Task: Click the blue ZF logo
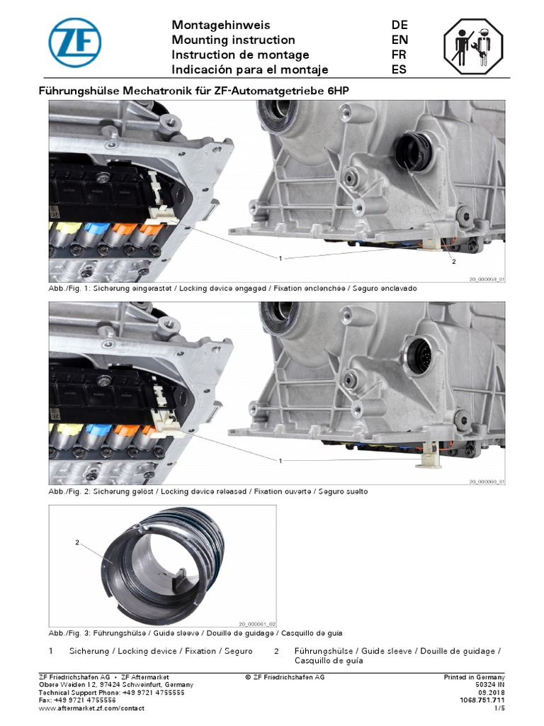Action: tap(75, 43)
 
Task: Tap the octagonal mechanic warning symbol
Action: tap(472, 47)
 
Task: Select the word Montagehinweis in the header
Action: tap(221, 25)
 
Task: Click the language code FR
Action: tap(399, 55)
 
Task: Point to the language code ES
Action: tap(399, 69)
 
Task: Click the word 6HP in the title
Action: tap(338, 91)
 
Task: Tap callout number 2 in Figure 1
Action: tap(454, 262)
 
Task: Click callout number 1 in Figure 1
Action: tap(280, 258)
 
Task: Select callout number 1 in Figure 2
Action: tap(280, 461)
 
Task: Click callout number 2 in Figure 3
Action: tap(77, 542)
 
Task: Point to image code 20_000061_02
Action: tap(257, 624)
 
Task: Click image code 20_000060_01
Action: tap(487, 482)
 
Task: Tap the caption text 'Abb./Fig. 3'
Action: tap(69, 633)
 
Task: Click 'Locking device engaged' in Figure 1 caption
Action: tap(222, 289)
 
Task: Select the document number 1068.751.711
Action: tap(482, 700)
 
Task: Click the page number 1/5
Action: tap(499, 708)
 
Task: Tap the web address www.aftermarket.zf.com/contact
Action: tap(91, 708)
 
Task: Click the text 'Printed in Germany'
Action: tap(474, 677)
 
